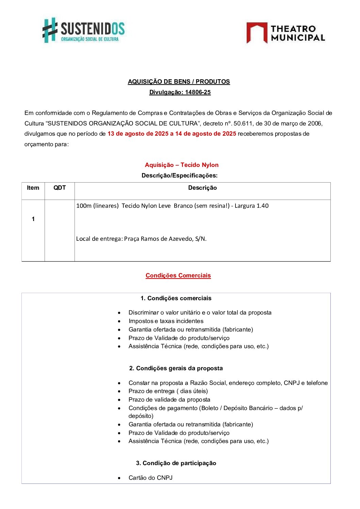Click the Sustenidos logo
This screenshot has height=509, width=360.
[x=83, y=30]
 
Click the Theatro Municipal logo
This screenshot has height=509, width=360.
[x=285, y=33]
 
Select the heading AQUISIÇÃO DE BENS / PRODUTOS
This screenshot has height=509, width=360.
[x=179, y=82]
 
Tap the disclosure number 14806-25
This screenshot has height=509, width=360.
[x=198, y=92]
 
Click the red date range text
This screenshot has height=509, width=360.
[x=171, y=134]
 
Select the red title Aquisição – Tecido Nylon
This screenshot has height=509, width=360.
[x=182, y=165]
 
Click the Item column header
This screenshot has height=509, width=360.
[x=33, y=188]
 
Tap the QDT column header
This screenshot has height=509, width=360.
[x=60, y=188]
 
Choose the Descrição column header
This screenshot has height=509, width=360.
[x=202, y=188]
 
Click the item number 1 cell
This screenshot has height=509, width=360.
[x=33, y=219]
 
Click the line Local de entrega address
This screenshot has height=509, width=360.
[x=141, y=239]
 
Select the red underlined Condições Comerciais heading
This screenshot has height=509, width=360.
[x=178, y=275]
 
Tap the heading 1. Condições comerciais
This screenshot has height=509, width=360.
[x=176, y=298]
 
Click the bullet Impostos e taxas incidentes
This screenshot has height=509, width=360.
[x=166, y=321]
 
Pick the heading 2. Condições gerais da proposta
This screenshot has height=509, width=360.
[x=176, y=368]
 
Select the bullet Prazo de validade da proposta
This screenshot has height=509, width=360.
[x=169, y=400]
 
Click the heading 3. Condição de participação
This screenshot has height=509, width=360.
[x=176, y=463]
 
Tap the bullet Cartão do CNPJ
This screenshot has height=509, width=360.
[x=150, y=478]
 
